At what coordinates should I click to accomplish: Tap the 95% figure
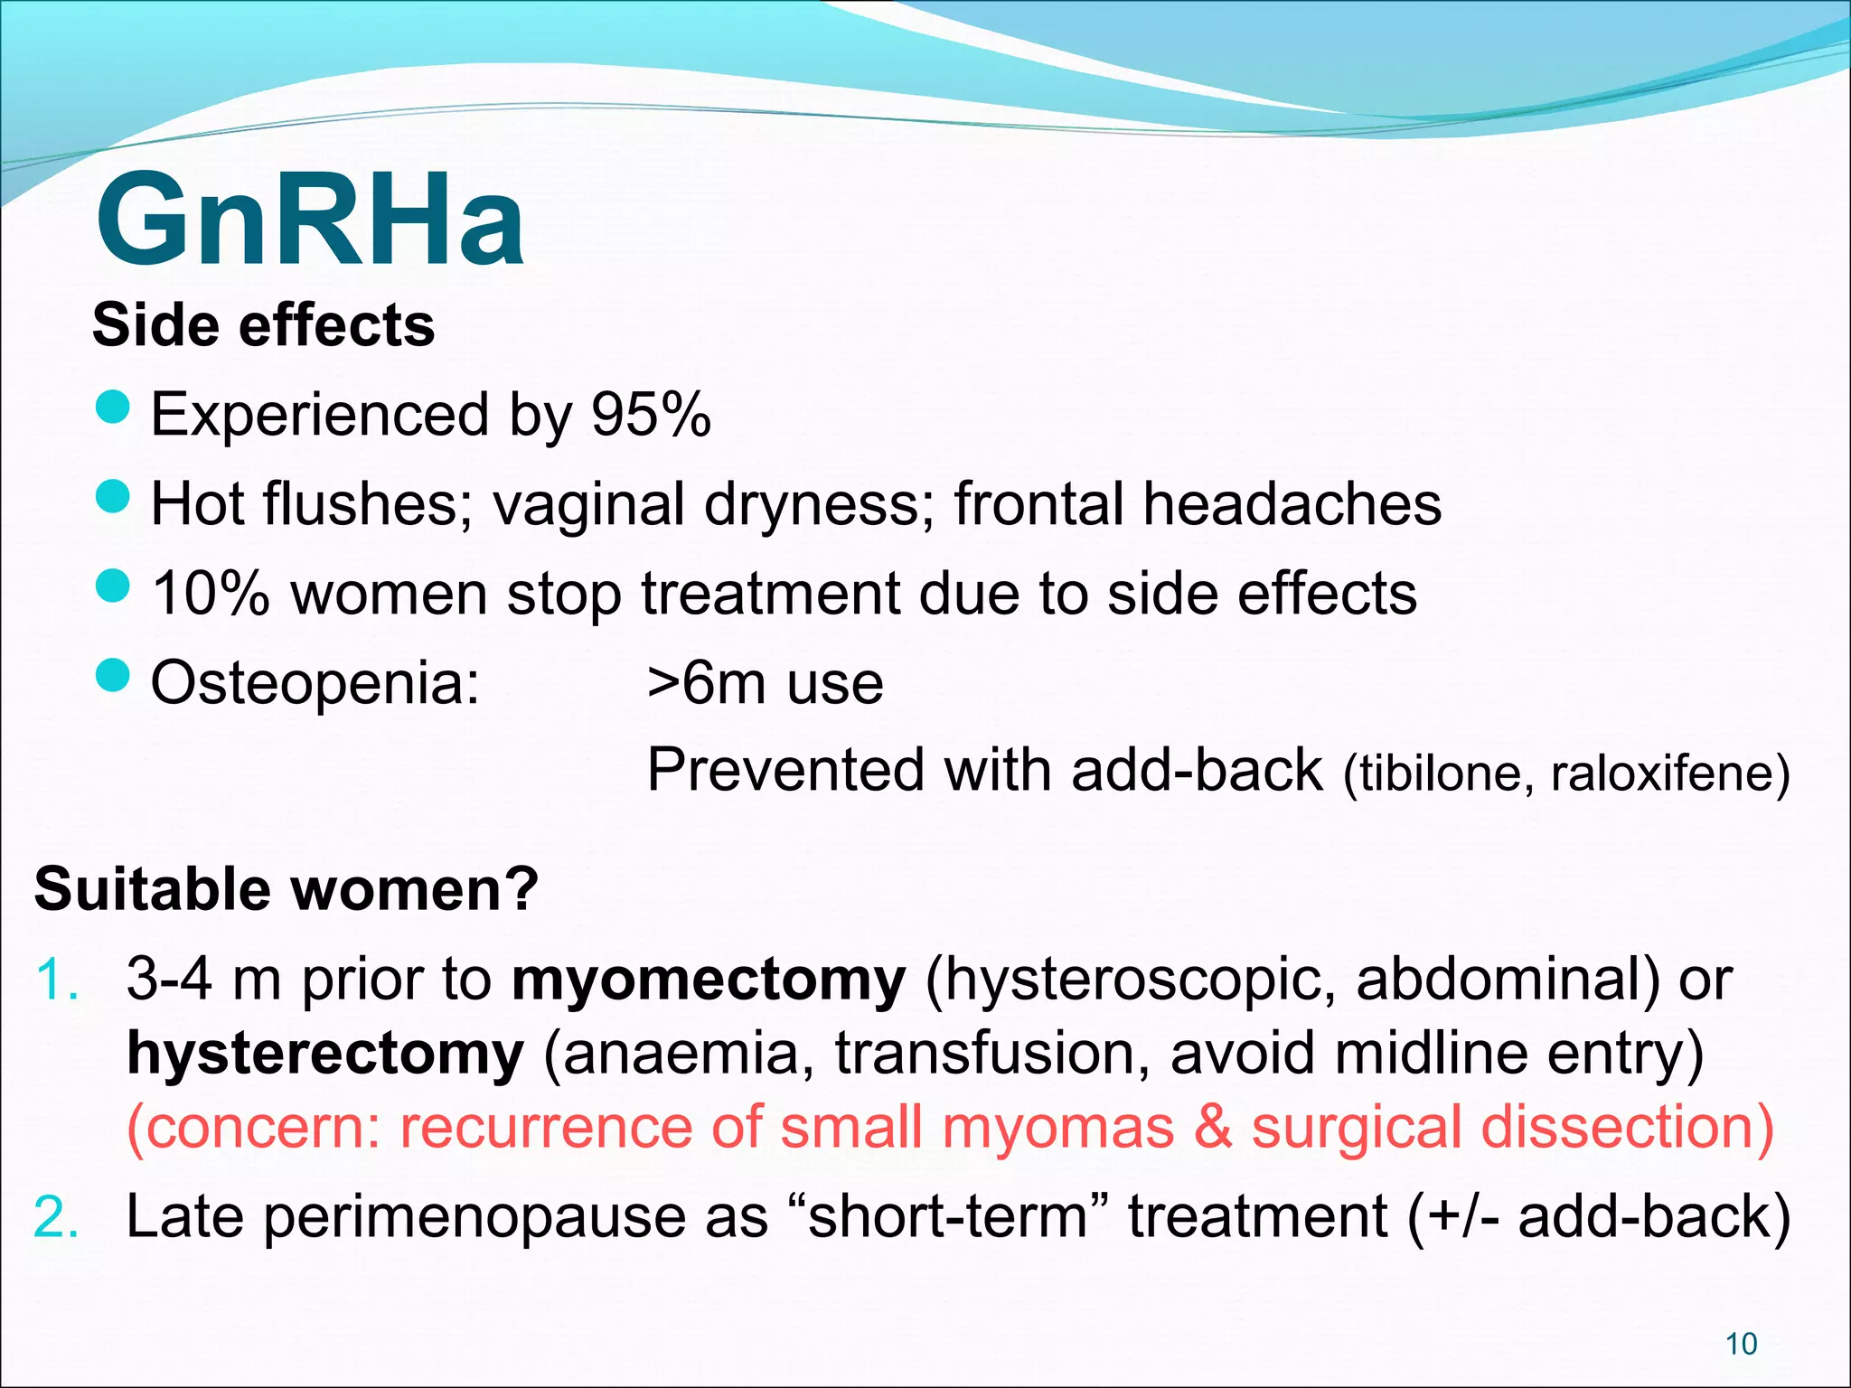pyautogui.click(x=651, y=415)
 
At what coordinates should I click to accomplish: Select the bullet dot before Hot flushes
pyautogui.click(x=113, y=496)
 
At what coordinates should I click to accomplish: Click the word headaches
pyautogui.click(x=1292, y=503)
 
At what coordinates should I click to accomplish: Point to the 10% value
pyautogui.click(x=211, y=594)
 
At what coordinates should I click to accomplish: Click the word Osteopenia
pyautogui.click(x=314, y=682)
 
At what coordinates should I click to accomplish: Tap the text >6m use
pyautogui.click(x=765, y=682)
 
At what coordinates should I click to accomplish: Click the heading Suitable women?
pyautogui.click(x=286, y=888)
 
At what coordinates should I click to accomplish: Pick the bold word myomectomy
pyautogui.click(x=709, y=980)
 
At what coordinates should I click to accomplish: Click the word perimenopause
pyautogui.click(x=475, y=1218)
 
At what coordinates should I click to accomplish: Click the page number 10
pyautogui.click(x=1741, y=1344)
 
